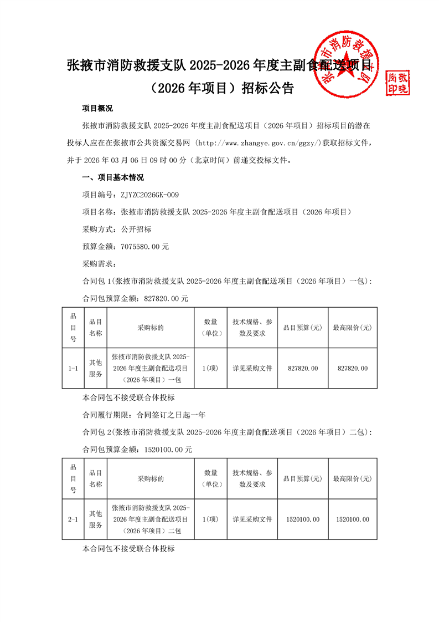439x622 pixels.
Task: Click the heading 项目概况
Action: tap(97, 109)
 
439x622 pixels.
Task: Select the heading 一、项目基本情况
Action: tap(112, 178)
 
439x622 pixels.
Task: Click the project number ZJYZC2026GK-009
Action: tap(146, 195)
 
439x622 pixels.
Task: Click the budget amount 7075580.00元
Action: tap(141, 247)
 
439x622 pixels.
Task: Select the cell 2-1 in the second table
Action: tap(73, 519)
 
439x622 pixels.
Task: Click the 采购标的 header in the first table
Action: tap(151, 328)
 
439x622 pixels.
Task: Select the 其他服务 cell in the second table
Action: tap(96, 519)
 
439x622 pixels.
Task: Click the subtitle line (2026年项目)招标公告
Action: tap(219, 89)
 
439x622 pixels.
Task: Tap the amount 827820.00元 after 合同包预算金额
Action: tap(166, 298)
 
